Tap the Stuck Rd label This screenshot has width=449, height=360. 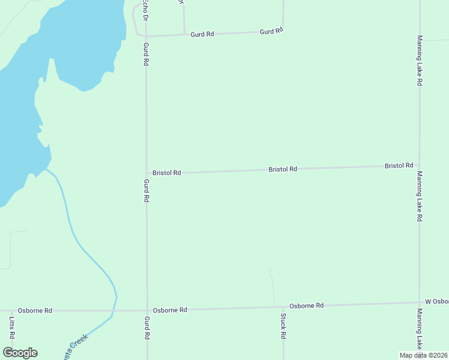(x=283, y=326)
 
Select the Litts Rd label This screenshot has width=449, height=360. (x=12, y=328)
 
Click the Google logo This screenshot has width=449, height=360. (x=20, y=353)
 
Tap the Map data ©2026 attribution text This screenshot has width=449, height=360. (x=424, y=355)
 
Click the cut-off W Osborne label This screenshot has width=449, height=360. (x=436, y=301)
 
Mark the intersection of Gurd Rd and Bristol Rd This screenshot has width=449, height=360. (x=146, y=173)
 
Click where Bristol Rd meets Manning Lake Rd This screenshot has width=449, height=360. (x=420, y=166)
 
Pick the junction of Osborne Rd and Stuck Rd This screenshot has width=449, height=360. (x=283, y=307)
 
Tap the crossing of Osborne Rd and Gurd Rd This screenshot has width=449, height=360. (x=146, y=310)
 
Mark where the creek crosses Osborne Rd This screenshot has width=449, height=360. (x=113, y=311)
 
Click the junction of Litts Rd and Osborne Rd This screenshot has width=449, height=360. (x=12, y=311)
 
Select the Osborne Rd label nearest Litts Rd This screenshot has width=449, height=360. (x=35, y=311)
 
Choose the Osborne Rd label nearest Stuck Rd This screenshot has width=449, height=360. (x=306, y=305)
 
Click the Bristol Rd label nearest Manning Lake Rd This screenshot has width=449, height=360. (x=399, y=165)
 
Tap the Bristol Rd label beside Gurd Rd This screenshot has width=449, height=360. (x=166, y=173)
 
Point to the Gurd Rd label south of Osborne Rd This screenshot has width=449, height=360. (x=146, y=328)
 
